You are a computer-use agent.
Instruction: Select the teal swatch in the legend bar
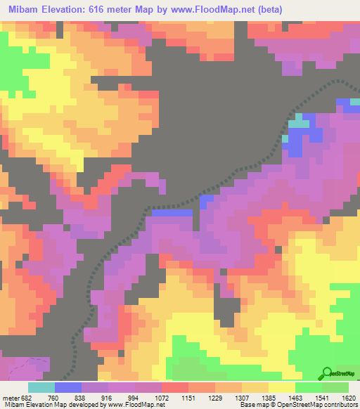tap(41, 387)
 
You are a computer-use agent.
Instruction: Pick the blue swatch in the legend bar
tap(68, 387)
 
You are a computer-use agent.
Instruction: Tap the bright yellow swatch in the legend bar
tap(281, 387)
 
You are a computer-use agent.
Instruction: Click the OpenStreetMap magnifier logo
tap(326, 372)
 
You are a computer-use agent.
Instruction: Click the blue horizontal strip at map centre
tap(172, 212)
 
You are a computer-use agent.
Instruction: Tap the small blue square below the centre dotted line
tap(207, 202)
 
